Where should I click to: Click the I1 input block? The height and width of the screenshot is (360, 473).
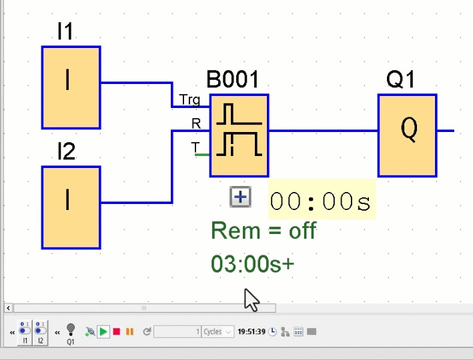point(71,87)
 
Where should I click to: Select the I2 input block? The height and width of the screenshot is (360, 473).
point(71,207)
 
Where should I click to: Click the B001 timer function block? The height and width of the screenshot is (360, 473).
point(239,135)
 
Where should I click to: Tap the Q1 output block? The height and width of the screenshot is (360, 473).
point(408,135)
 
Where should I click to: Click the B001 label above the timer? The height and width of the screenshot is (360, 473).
point(232,81)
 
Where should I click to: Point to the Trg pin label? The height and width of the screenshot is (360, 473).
point(189,100)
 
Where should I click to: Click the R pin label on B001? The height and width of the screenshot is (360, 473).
point(195,123)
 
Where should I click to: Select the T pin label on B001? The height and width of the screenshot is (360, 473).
point(195,147)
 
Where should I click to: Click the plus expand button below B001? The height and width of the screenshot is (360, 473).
point(240,197)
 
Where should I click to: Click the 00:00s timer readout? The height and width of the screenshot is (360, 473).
point(322,201)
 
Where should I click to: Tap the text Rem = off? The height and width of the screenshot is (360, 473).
point(263,231)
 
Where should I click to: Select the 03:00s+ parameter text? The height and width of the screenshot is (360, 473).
point(252,264)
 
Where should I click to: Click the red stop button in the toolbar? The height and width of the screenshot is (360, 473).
point(117,331)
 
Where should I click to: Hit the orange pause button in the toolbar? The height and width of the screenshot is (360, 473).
point(129,331)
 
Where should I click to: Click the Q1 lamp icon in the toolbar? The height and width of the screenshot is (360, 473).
point(71,330)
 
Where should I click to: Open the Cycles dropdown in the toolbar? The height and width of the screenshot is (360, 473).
point(219,331)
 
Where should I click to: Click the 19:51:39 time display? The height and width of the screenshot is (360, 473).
point(252,331)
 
